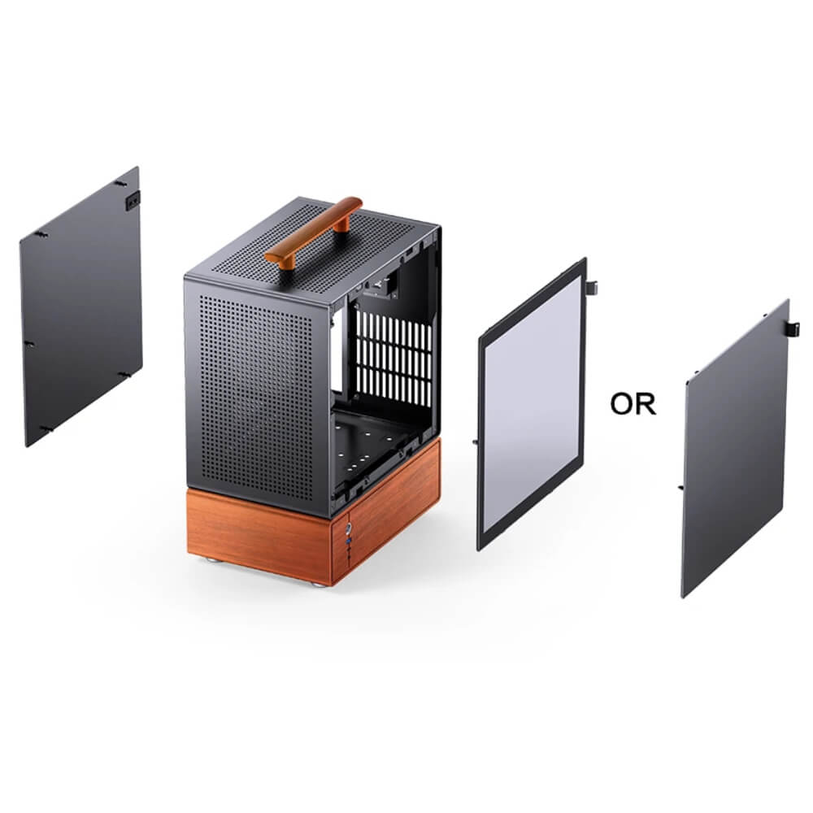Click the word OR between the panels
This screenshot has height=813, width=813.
633,404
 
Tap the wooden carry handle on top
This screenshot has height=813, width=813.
313,232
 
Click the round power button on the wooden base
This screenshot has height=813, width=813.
350,528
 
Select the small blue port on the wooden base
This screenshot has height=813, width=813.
350,542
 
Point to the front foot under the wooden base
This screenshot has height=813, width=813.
319,583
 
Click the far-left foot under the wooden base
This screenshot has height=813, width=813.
210,560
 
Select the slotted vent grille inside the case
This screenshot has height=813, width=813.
394,359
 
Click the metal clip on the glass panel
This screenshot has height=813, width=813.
592,287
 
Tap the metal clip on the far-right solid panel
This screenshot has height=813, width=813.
793,328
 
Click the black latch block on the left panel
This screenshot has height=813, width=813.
133,200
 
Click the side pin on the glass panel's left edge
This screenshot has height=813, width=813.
475,442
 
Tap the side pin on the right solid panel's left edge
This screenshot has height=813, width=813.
680,487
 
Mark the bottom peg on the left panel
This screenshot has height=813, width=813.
46,428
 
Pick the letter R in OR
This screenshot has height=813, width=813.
646,405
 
